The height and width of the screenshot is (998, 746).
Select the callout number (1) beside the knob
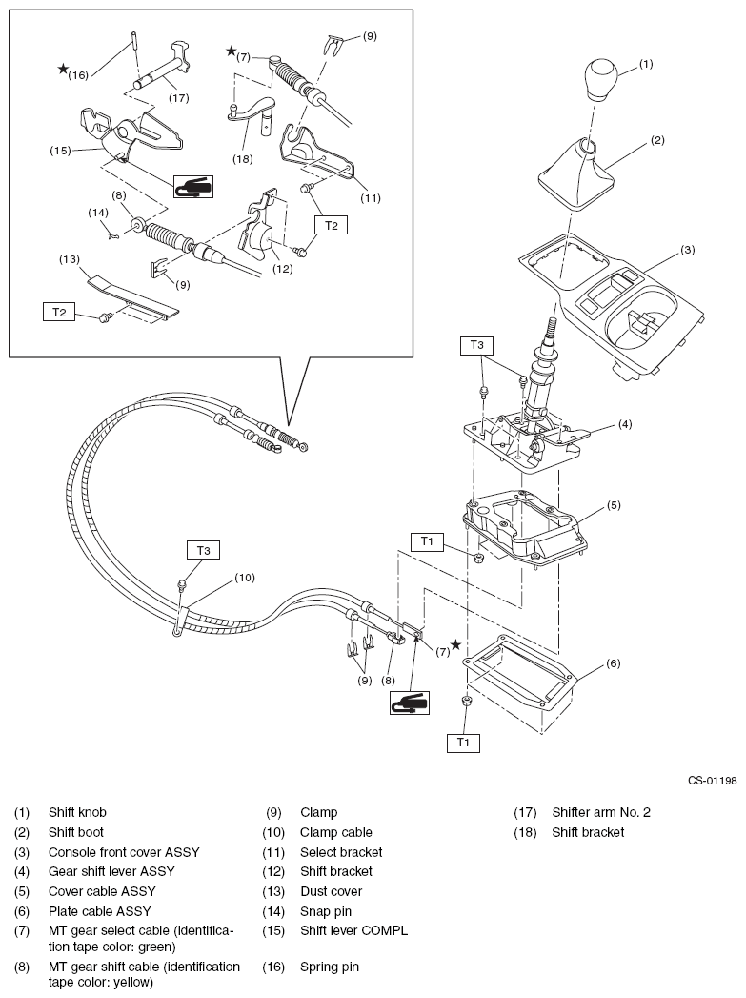pyautogui.click(x=646, y=66)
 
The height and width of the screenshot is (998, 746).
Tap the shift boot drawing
pyautogui.click(x=579, y=175)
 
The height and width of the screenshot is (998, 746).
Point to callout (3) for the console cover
pyautogui.click(x=688, y=251)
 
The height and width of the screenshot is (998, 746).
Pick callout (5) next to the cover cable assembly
pyautogui.click(x=615, y=505)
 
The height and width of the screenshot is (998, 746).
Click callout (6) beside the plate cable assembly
pyautogui.click(x=614, y=663)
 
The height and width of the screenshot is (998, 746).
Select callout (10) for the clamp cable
pyautogui.click(x=246, y=577)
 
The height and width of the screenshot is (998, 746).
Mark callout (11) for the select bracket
pyautogui.click(x=371, y=199)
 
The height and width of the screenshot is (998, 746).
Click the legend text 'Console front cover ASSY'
pyautogui.click(x=124, y=852)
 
